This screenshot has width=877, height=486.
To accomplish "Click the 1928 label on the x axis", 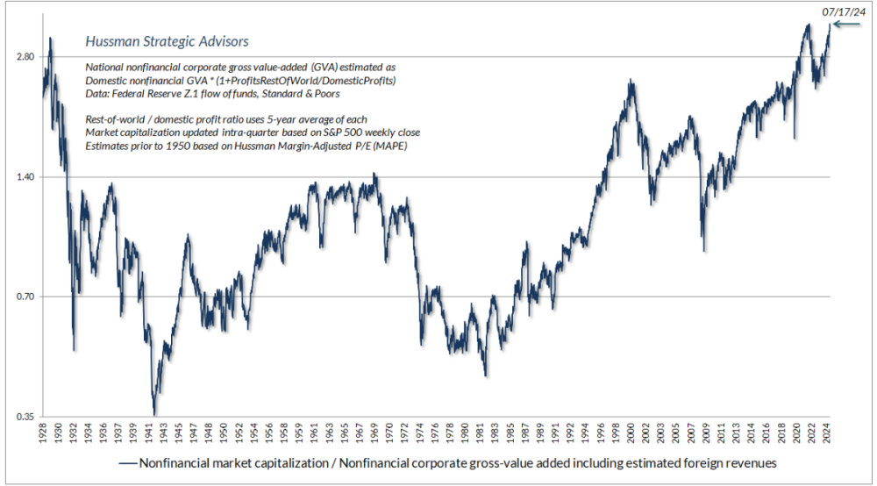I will [43, 434].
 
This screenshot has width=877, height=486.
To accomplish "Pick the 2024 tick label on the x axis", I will [827, 434].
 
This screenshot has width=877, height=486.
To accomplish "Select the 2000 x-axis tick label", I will [631, 434].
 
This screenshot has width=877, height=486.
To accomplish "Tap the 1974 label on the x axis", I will [419, 434].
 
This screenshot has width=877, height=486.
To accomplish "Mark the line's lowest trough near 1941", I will [154, 415].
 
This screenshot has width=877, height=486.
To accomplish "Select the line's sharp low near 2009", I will [703, 251].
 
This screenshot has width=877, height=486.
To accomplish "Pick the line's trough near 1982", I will [485, 376].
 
